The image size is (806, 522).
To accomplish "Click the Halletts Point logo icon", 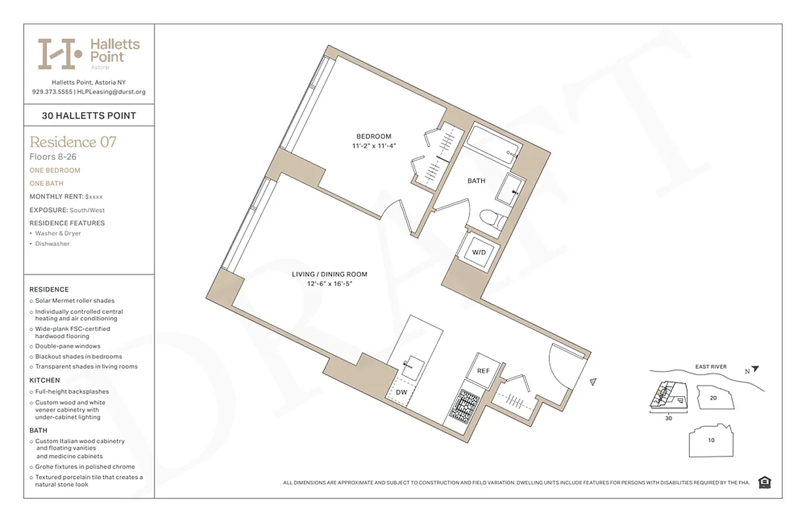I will coord(60,54).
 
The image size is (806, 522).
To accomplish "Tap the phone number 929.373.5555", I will coord(52,92).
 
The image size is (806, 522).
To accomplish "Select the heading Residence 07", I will coord(73,142).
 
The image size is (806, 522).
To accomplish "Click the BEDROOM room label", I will coord(374,136).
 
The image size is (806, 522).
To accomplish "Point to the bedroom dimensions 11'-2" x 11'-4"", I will coord(374,146).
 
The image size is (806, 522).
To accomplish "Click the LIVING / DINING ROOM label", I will coord(329,275).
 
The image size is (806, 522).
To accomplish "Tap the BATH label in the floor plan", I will coord(476,181).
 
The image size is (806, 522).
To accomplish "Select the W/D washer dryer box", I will coord(479,252).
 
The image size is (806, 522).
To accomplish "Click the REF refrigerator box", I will coord(483,370).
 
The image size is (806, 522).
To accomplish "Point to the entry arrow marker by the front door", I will coord(593,382).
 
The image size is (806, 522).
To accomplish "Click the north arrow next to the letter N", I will coord(755,369).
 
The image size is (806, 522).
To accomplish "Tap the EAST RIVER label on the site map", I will coord(711,367).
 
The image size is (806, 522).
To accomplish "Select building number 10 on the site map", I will coord(711,440).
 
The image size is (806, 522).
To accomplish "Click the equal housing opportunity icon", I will coord(765,482).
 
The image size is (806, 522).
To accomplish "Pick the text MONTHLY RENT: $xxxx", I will coord(67,196).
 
